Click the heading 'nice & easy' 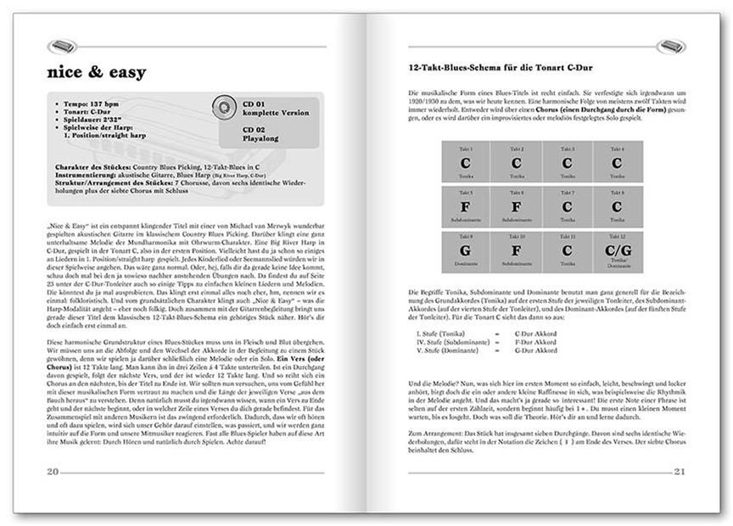point(97,72)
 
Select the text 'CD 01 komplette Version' point(276,109)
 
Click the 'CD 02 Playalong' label point(266,135)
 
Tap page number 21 point(679,471)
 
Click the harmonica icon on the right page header point(671,46)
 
